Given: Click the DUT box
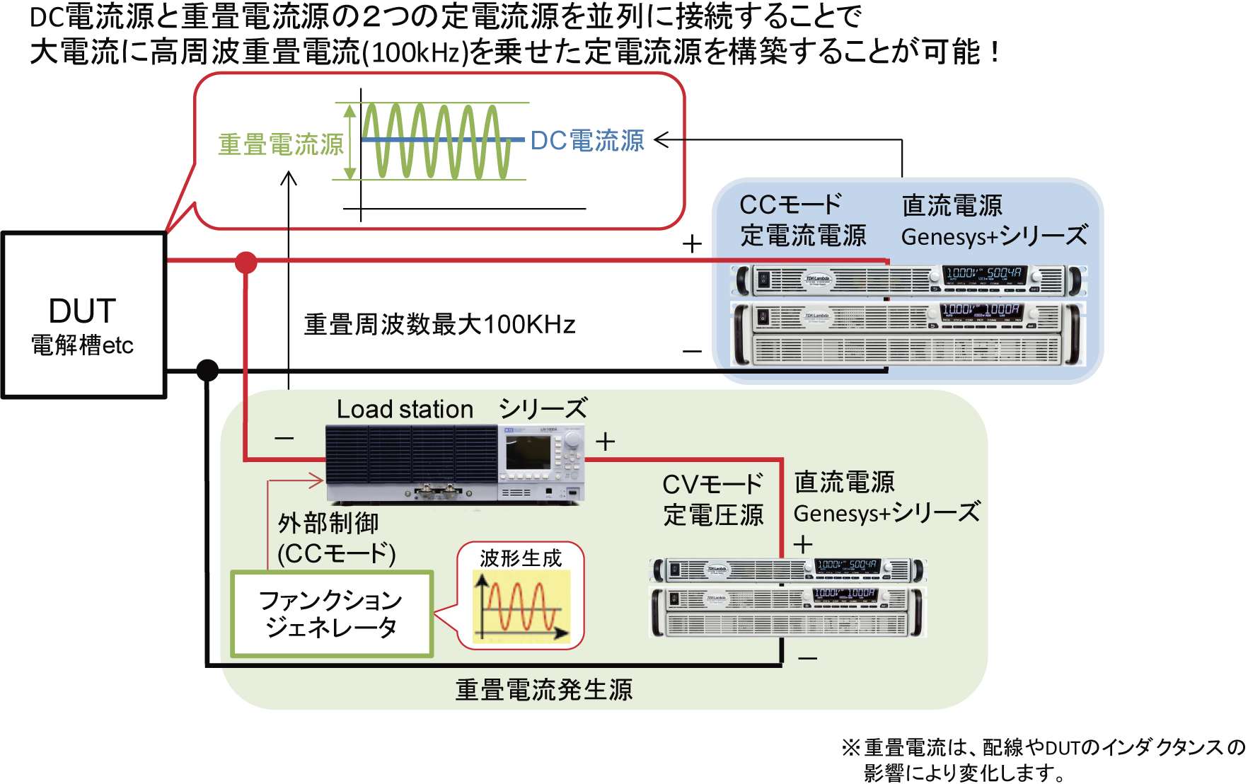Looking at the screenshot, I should coord(83,315).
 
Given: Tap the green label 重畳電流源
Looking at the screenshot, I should coord(280,144).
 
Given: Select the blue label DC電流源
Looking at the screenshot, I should coord(587,141).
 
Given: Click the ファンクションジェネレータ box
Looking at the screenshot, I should coord(331,613).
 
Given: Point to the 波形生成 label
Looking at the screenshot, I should coord(520,558).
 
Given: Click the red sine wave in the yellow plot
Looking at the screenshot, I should coord(520,606).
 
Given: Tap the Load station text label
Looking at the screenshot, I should coord(405,409).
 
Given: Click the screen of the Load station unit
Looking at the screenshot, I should coord(528,452).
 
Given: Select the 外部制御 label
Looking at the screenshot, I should coord(328,524).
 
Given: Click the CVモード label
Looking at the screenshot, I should coord(712,485).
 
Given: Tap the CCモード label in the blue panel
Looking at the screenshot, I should coord(790,205).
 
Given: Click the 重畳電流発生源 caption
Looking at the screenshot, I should coord(543,690).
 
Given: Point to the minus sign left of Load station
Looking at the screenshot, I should coord(284,439).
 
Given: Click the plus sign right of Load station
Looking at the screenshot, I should coord(605,442).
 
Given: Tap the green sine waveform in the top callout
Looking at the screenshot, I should coord(435,141).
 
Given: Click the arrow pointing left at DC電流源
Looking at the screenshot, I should coord(669,140).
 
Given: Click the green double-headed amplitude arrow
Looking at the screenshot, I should coord(349,141).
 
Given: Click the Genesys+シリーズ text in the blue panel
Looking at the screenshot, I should coord(994,236).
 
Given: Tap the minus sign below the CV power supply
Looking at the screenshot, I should coord(807,659).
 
